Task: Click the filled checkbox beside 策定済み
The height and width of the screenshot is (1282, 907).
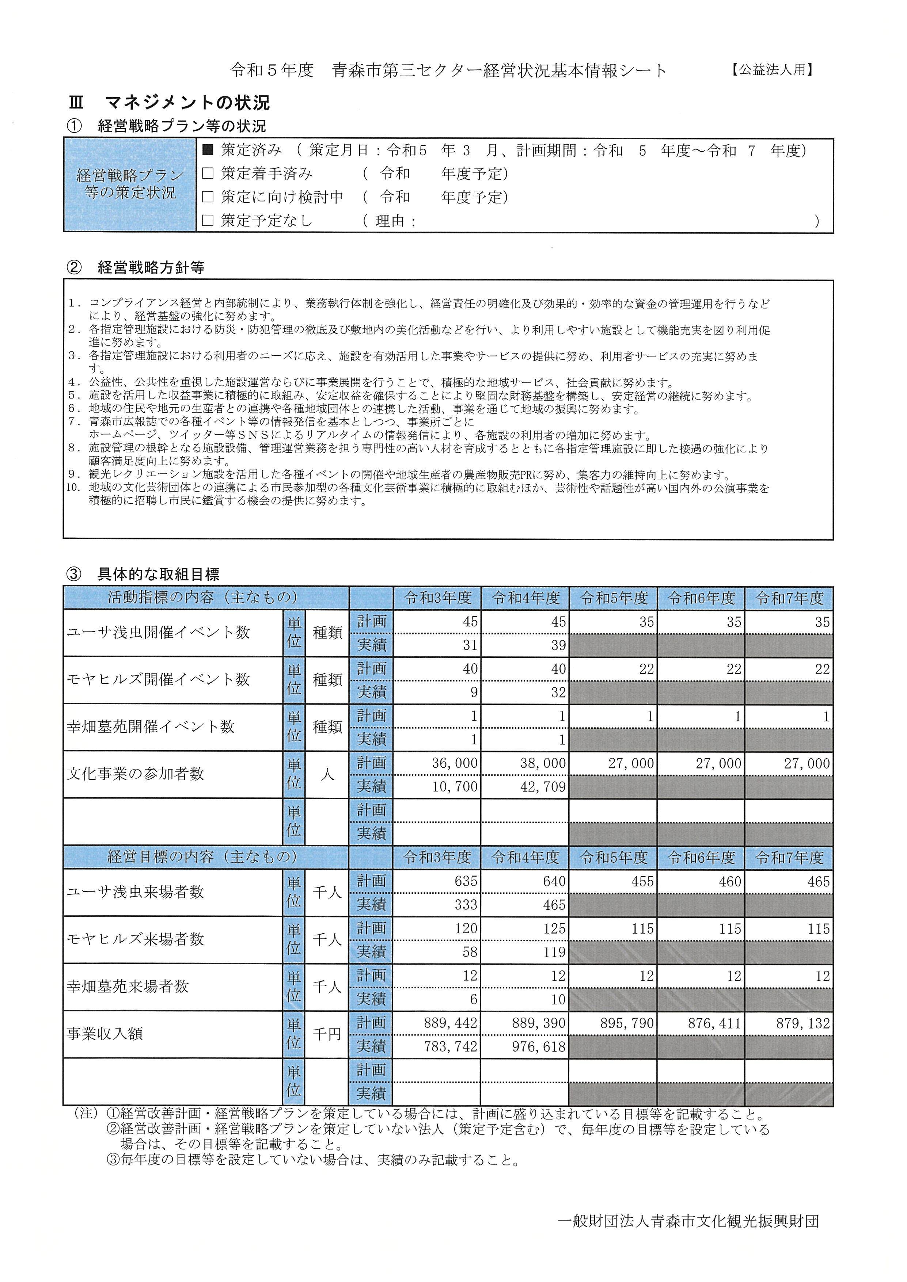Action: pyautogui.click(x=208, y=150)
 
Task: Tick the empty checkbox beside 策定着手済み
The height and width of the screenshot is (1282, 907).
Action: pyautogui.click(x=208, y=173)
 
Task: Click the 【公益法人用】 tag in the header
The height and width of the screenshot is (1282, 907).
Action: pyautogui.click(x=771, y=69)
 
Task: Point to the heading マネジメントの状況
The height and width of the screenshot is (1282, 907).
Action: pyautogui.click(x=187, y=103)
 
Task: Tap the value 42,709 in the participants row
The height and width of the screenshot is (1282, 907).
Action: pyautogui.click(x=543, y=787)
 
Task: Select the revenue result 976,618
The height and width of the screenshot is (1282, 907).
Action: pyautogui.click(x=539, y=1046)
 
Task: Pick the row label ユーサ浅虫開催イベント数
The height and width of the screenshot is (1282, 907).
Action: pyautogui.click(x=158, y=633)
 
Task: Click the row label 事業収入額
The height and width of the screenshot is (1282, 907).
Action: pyautogui.click(x=105, y=1034)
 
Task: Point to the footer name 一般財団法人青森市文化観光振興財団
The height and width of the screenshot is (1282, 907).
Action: pyautogui.click(x=688, y=1221)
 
